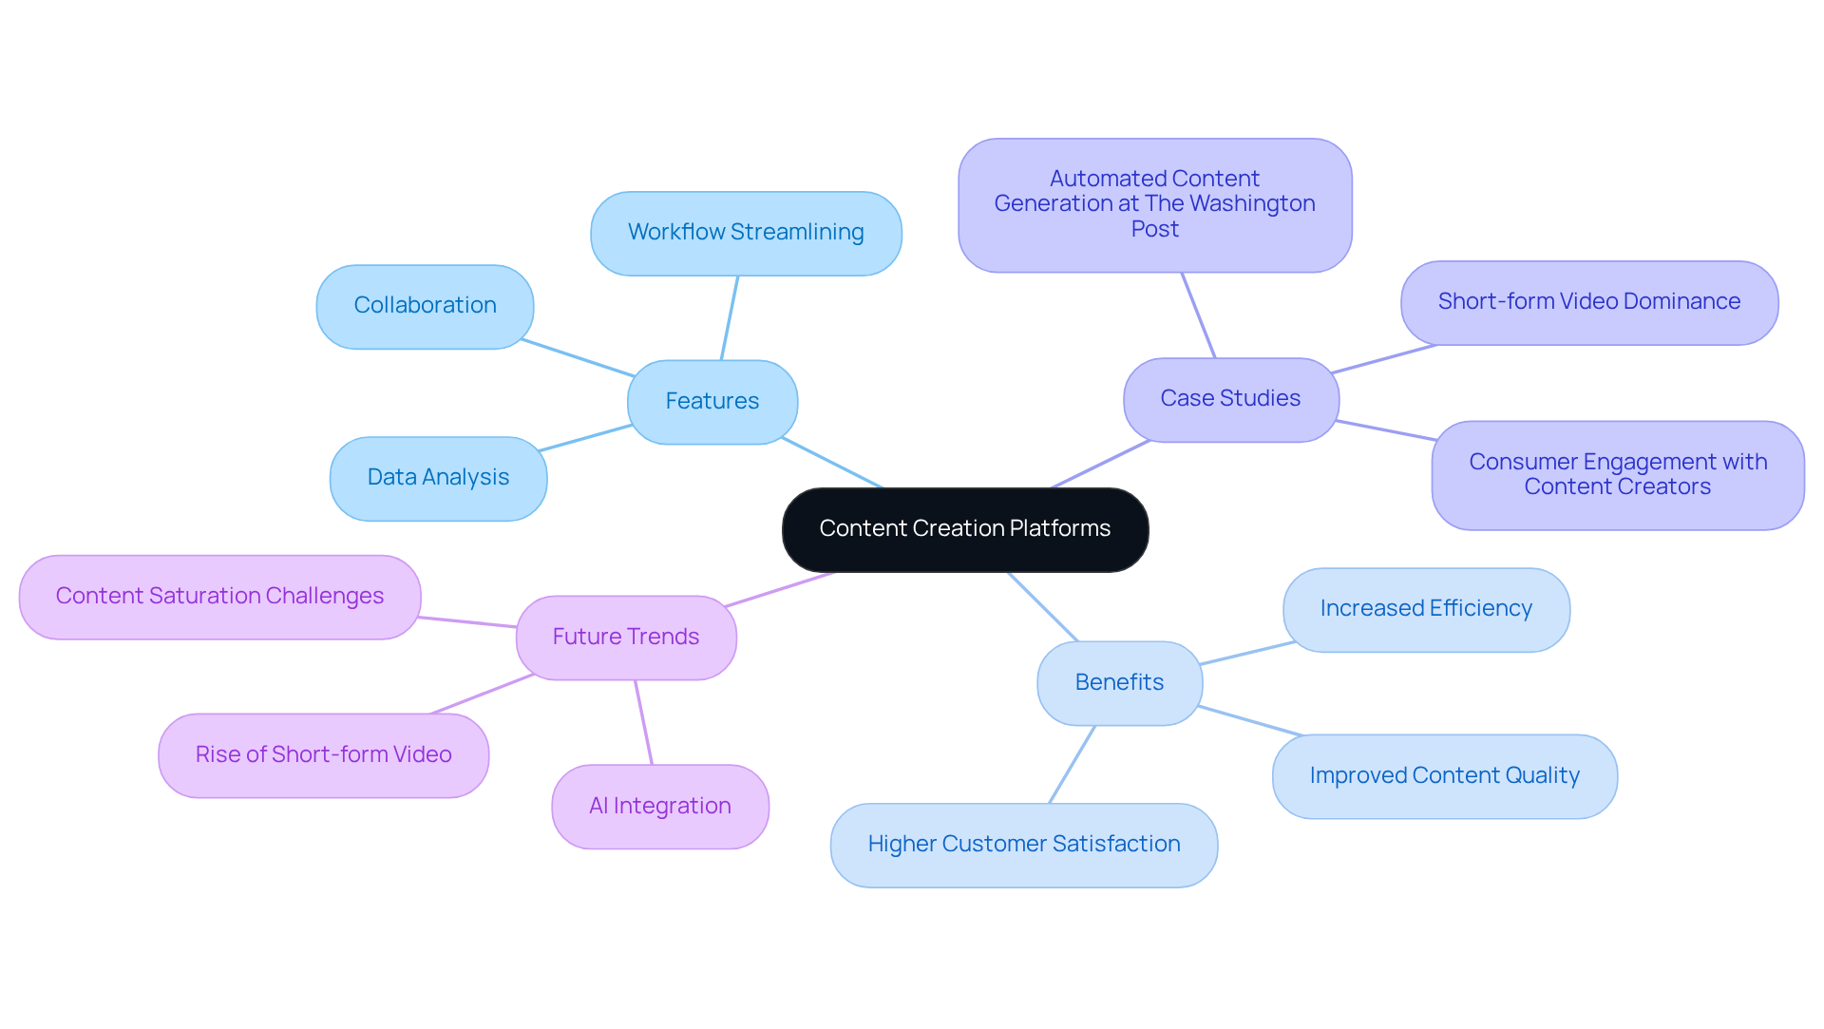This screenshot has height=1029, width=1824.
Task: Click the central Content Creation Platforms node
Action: tap(964, 529)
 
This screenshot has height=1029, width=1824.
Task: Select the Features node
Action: tap(712, 402)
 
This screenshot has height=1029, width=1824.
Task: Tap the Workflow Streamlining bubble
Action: tap(746, 233)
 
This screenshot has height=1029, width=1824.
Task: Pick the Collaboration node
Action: tap(425, 306)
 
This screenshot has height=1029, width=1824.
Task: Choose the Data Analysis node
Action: tap(438, 478)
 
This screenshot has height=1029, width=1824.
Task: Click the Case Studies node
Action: tap(1230, 399)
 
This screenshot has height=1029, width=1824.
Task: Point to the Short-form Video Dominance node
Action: tap(1588, 302)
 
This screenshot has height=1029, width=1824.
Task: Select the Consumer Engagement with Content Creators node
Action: tap(1617, 475)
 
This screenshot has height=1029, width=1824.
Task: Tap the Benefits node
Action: tap(1119, 683)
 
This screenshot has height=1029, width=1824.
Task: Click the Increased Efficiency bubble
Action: tap(1425, 609)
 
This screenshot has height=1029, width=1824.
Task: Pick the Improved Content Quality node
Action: tap(1444, 776)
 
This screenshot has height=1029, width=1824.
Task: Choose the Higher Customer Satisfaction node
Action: tap(1023, 845)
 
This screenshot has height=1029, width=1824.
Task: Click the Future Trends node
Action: tap(625, 638)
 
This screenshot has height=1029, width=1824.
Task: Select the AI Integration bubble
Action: tap(659, 807)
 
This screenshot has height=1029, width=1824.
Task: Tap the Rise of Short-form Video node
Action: tap(323, 755)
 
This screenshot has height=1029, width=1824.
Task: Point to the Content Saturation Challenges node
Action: tap(219, 597)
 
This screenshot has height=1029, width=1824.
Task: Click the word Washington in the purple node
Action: tap(1252, 204)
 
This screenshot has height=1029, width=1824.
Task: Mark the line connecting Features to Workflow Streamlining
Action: tap(730, 318)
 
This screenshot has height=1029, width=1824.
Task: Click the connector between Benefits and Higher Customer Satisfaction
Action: tap(1072, 765)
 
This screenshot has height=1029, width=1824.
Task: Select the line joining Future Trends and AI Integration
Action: tap(643, 722)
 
